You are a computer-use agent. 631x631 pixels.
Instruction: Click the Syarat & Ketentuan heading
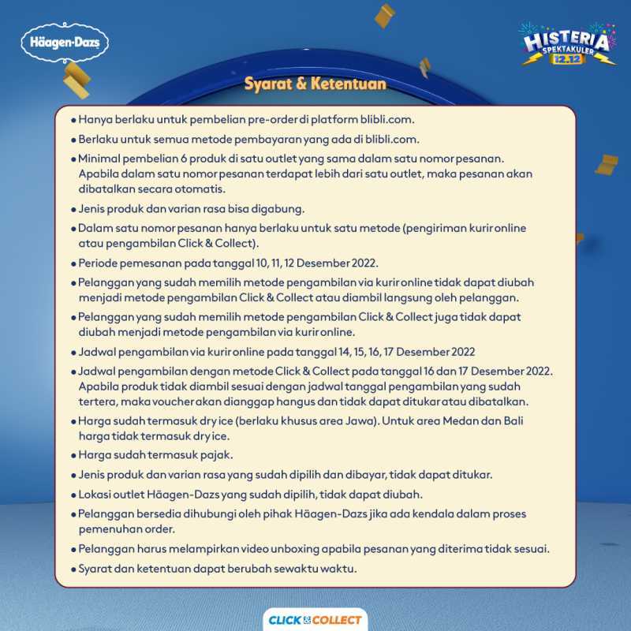click(315, 84)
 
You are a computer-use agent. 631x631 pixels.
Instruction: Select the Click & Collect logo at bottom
click(315, 620)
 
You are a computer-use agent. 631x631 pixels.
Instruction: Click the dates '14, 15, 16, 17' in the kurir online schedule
click(359, 352)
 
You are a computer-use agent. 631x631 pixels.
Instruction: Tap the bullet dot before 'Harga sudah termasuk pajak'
click(73, 456)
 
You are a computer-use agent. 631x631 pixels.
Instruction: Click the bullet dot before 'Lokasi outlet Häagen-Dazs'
click(73, 495)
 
